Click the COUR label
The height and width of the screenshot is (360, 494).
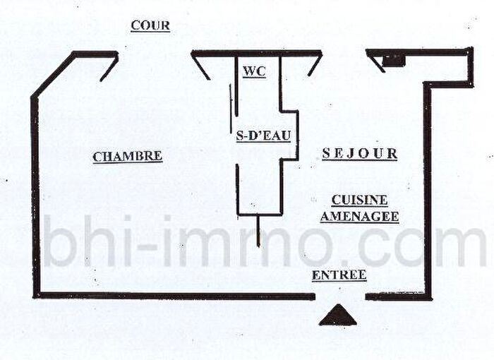coord(150,25)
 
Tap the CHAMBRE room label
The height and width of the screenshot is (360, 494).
coord(128,157)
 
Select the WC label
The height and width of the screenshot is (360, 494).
coord(255,72)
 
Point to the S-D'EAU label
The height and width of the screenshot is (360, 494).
coord(263,136)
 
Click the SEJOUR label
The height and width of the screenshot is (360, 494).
coord(359,154)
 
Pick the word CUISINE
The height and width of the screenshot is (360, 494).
coord(359,200)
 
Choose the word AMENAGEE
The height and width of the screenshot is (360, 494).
coord(359,217)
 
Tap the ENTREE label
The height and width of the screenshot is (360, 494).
coord(339,275)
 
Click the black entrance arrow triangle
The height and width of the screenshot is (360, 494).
coord(338,316)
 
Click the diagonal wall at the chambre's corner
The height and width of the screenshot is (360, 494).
coord(53,76)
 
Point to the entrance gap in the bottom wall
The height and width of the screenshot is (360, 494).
coord(340,296)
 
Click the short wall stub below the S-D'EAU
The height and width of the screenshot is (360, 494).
coord(258,231)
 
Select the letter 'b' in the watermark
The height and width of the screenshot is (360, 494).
coord(60,241)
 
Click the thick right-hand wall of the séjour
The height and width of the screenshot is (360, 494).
coord(427,189)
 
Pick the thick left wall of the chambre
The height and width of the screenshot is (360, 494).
coord(35,197)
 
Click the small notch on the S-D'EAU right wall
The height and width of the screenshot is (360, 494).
coord(289,136)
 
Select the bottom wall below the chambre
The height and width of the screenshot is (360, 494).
coord(174,296)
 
